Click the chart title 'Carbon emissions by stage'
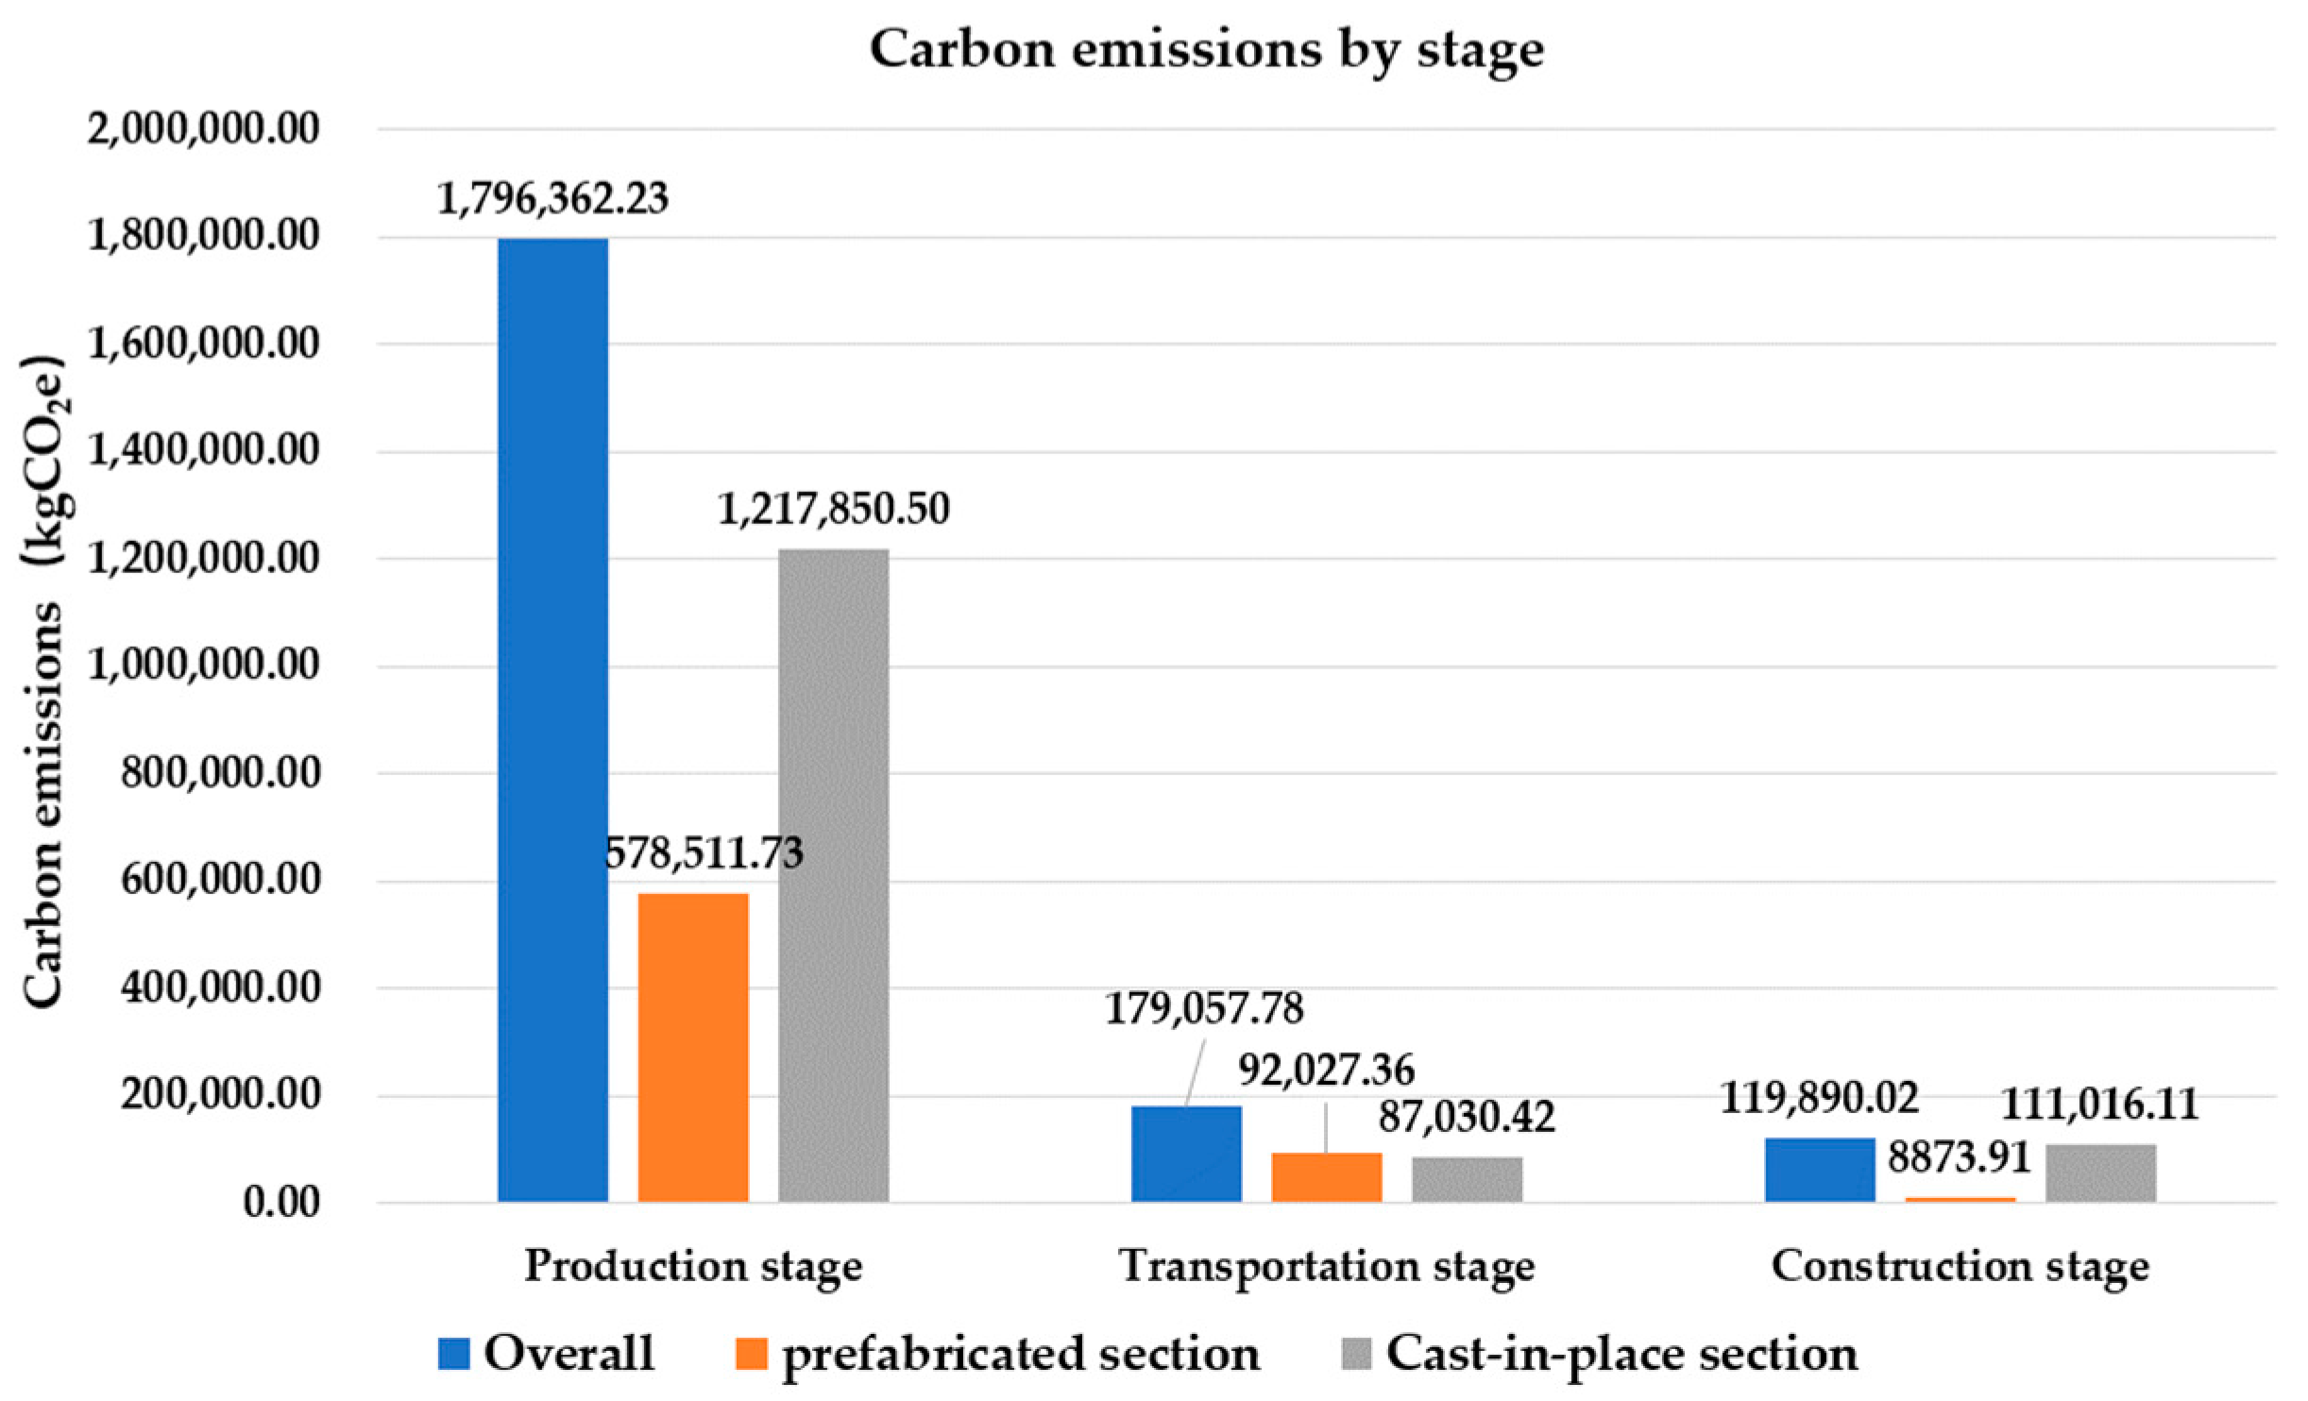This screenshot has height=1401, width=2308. pyautogui.click(x=1206, y=49)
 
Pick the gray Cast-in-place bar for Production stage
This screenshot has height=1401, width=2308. pyautogui.click(x=833, y=874)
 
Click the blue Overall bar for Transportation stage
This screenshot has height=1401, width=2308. pyautogui.click(x=1186, y=1153)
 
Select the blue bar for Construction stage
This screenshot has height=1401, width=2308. pyautogui.click(x=1819, y=1169)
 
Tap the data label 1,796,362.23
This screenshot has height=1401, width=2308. pyautogui.click(x=552, y=198)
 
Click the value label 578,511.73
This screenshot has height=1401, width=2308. pyautogui.click(x=704, y=852)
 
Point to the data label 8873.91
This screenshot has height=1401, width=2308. pyautogui.click(x=1959, y=1157)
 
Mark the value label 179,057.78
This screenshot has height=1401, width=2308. pyautogui.click(x=1204, y=1008)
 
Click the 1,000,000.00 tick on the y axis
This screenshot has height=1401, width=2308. pyautogui.click(x=203, y=666)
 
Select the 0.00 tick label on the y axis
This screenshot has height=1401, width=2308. pyautogui.click(x=281, y=1203)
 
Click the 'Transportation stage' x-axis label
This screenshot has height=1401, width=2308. pyautogui.click(x=1326, y=1266)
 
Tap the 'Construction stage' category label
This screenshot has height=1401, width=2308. pyautogui.click(x=1960, y=1266)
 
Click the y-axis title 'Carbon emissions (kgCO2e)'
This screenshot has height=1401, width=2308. pyautogui.click(x=43, y=680)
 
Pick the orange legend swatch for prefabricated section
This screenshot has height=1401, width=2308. pyautogui.click(x=752, y=1354)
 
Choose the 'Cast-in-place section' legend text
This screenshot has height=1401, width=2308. pyautogui.click(x=1621, y=1354)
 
